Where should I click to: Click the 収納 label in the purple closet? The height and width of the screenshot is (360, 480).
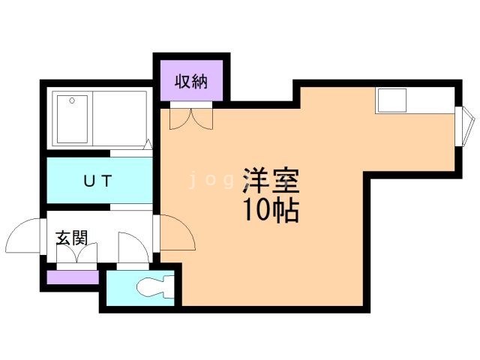click(x=191, y=82)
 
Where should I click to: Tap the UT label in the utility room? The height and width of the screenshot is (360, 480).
click(x=97, y=181)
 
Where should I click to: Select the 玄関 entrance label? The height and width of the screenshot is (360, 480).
click(x=72, y=238)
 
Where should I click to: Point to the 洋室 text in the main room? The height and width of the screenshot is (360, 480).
click(x=271, y=181)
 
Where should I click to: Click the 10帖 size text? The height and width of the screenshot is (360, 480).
click(x=271, y=211)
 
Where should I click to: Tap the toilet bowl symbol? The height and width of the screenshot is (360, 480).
click(x=155, y=286)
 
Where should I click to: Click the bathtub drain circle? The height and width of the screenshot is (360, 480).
click(x=72, y=100)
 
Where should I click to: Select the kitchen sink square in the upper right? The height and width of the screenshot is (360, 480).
click(x=392, y=100)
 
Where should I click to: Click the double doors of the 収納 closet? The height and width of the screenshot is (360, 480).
click(x=191, y=118)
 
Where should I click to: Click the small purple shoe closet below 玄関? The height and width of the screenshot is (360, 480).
click(x=73, y=277)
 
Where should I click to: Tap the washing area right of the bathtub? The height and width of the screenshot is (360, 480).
click(x=120, y=118)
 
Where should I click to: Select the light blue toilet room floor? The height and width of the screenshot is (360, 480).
click(x=140, y=288)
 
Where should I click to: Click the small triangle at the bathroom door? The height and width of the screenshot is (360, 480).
click(x=148, y=144)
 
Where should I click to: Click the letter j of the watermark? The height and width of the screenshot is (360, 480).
click(x=193, y=181)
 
